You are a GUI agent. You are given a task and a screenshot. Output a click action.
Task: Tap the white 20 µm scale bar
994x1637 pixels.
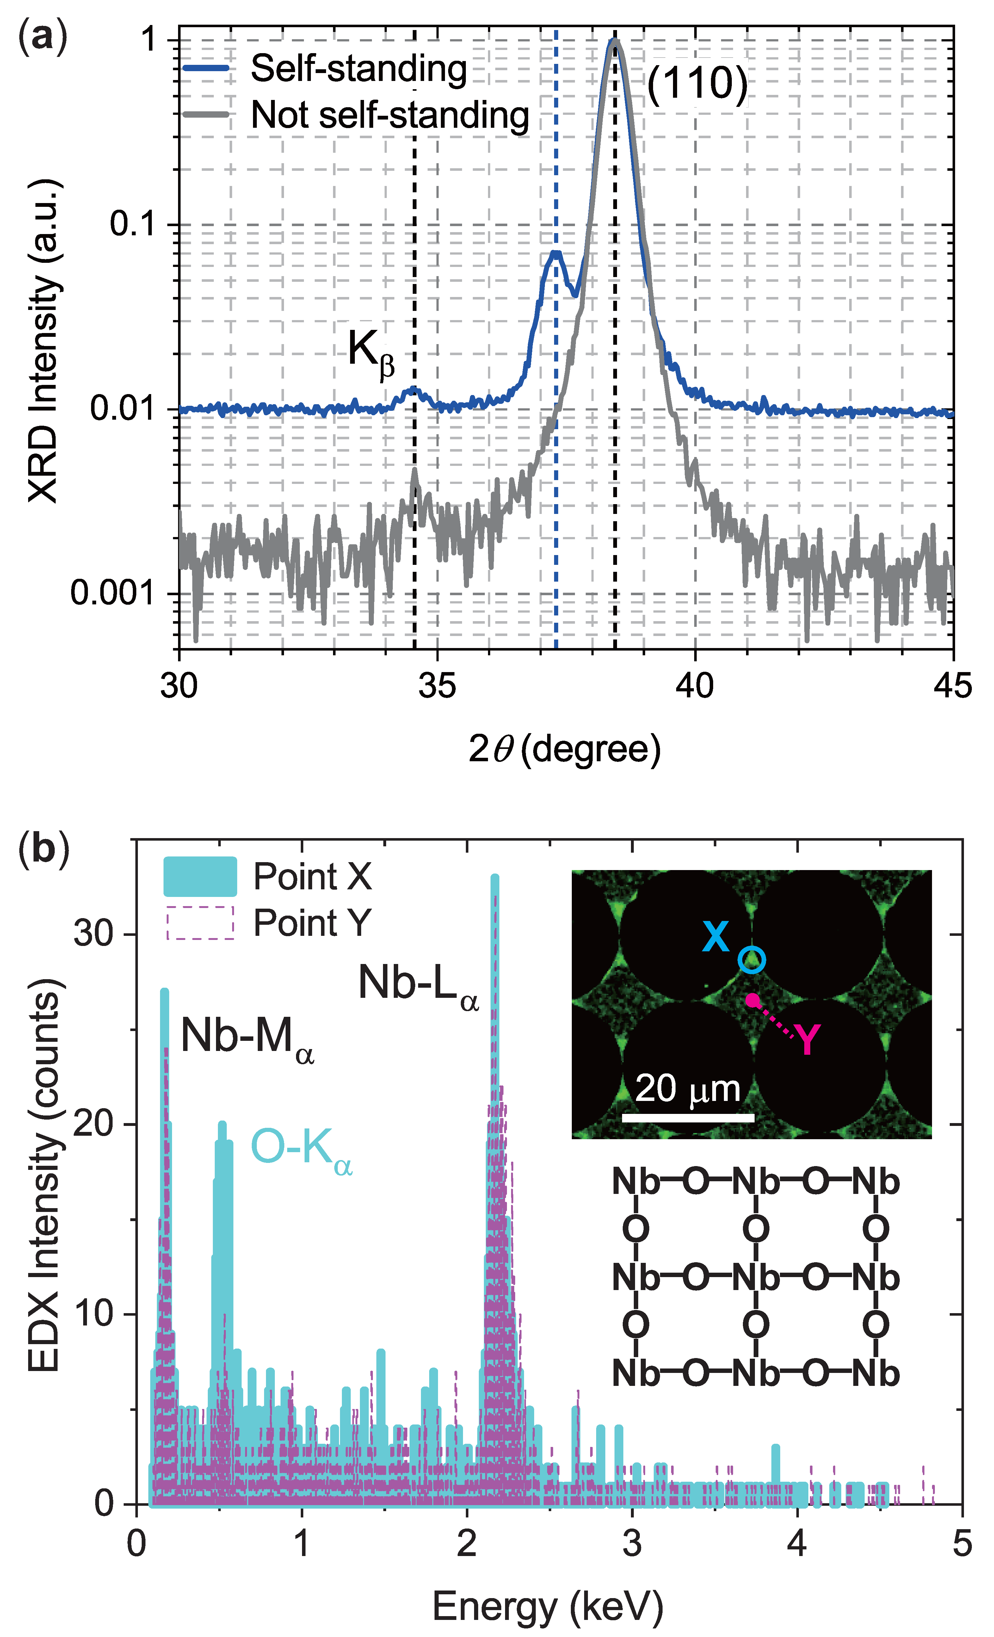pyautogui.click(x=688, y=1118)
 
